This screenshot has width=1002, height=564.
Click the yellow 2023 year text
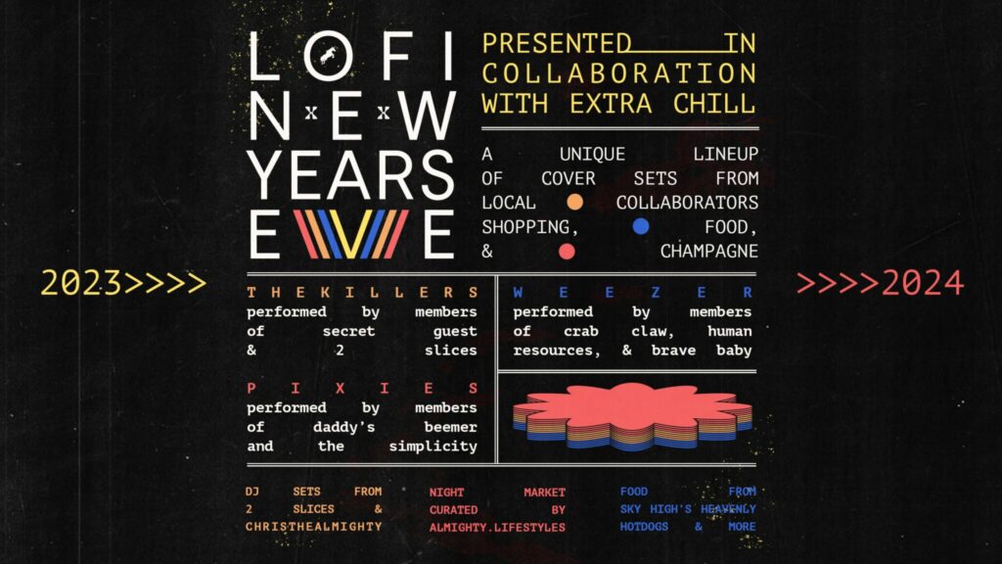tap(81, 283)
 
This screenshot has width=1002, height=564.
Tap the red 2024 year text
tap(922, 283)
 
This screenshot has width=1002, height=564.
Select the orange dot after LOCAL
tap(574, 202)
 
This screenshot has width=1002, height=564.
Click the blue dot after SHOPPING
tap(640, 226)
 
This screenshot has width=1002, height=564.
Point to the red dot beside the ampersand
tap(567, 252)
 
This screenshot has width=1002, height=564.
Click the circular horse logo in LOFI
tap(329, 56)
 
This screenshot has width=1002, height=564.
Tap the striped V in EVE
tap(350, 233)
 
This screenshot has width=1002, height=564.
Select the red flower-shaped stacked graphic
tap(632, 416)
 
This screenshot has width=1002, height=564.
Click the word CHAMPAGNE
tap(708, 252)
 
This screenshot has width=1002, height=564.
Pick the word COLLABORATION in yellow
tap(619, 73)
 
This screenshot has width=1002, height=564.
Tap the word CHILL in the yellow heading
tap(714, 104)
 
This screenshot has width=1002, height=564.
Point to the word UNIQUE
tap(592, 154)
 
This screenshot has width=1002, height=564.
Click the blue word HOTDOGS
tap(644, 526)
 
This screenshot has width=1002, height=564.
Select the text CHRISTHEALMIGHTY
tap(314, 526)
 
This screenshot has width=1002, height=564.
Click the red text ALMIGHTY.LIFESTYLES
tap(497, 528)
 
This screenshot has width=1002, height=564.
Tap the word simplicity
tap(433, 446)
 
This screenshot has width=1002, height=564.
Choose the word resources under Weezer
tap(557, 351)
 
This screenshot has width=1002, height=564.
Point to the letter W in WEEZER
tap(518, 292)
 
